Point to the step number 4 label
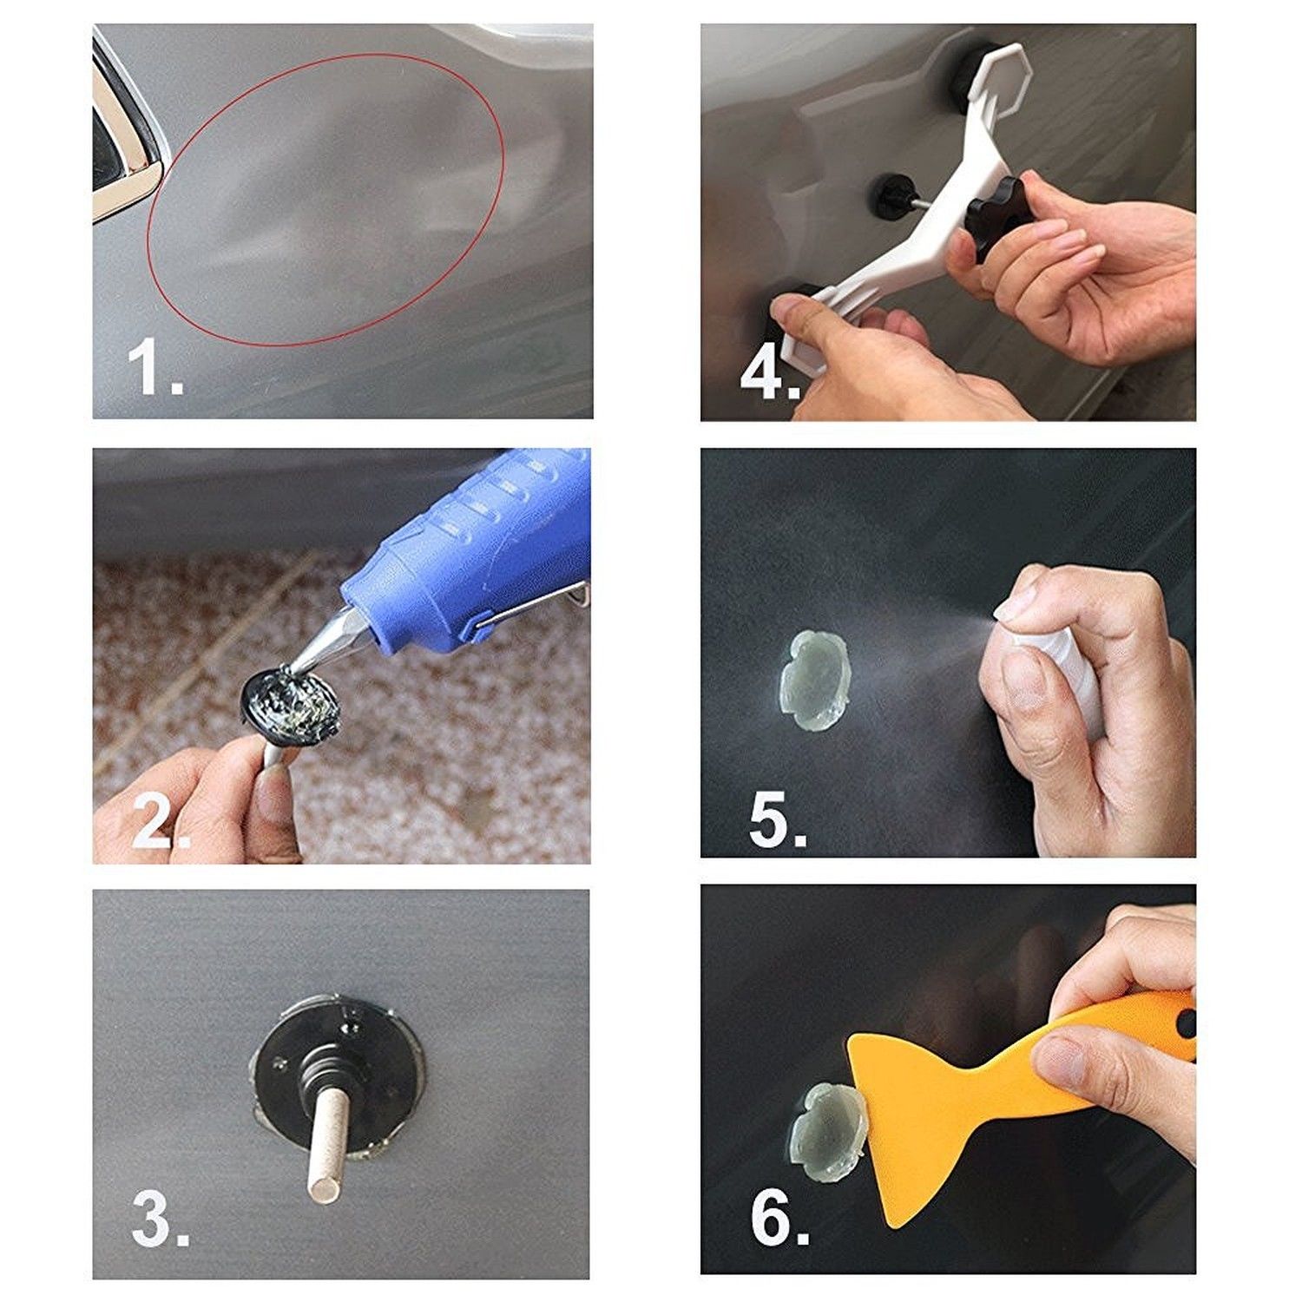point(767,373)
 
